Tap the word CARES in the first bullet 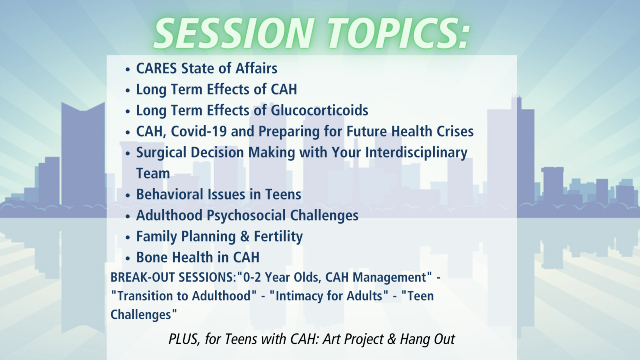pyautogui.click(x=156, y=68)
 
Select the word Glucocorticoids pyautogui.click(x=320, y=110)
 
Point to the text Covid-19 pyautogui.click(x=199, y=132)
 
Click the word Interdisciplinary pyautogui.click(x=416, y=153)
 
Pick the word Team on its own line pyautogui.click(x=153, y=174)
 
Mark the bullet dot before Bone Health pyautogui.click(x=128, y=258)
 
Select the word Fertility pyautogui.click(x=278, y=237)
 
